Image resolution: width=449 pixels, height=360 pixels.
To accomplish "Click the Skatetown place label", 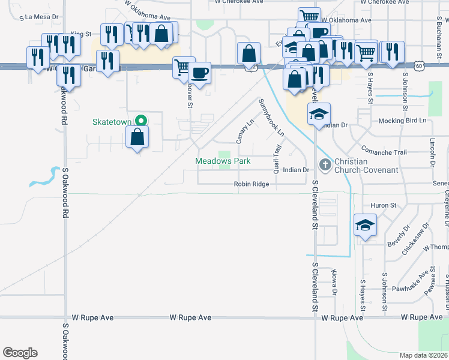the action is pos(112,122).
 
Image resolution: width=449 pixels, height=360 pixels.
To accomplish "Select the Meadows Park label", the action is pos(223,161).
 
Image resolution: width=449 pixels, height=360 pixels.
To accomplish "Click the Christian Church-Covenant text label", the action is pos(366,166).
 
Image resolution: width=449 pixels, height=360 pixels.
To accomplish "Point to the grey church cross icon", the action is pos(325,163).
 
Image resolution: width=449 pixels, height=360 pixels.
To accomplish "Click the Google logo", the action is pos(20,353).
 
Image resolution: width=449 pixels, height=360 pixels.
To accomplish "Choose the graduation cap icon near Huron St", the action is pos(365,226).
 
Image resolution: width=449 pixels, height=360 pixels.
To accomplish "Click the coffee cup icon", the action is pos(199,74).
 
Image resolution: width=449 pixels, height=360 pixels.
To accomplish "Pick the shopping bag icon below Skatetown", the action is pos(138,137).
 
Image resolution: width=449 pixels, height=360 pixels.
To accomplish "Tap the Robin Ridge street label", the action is pos(252,184).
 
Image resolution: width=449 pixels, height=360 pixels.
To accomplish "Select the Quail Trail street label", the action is pos(277,158).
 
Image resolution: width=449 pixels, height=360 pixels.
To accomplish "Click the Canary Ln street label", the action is pos(242,131).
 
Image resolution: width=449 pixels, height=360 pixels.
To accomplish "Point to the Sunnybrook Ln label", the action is pos(271,118).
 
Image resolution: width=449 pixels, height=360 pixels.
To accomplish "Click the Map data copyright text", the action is pos(422,355).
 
